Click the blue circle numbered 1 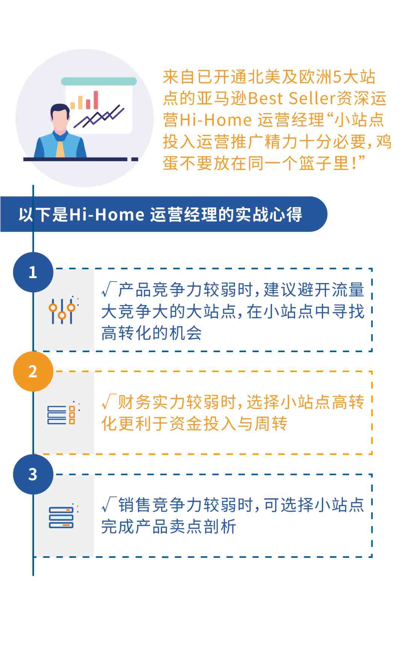(33, 272)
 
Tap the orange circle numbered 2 (33, 371)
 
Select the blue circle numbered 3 (33, 474)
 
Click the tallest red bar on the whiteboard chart (96, 100)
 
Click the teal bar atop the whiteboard (99, 81)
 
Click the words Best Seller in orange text (292, 98)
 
